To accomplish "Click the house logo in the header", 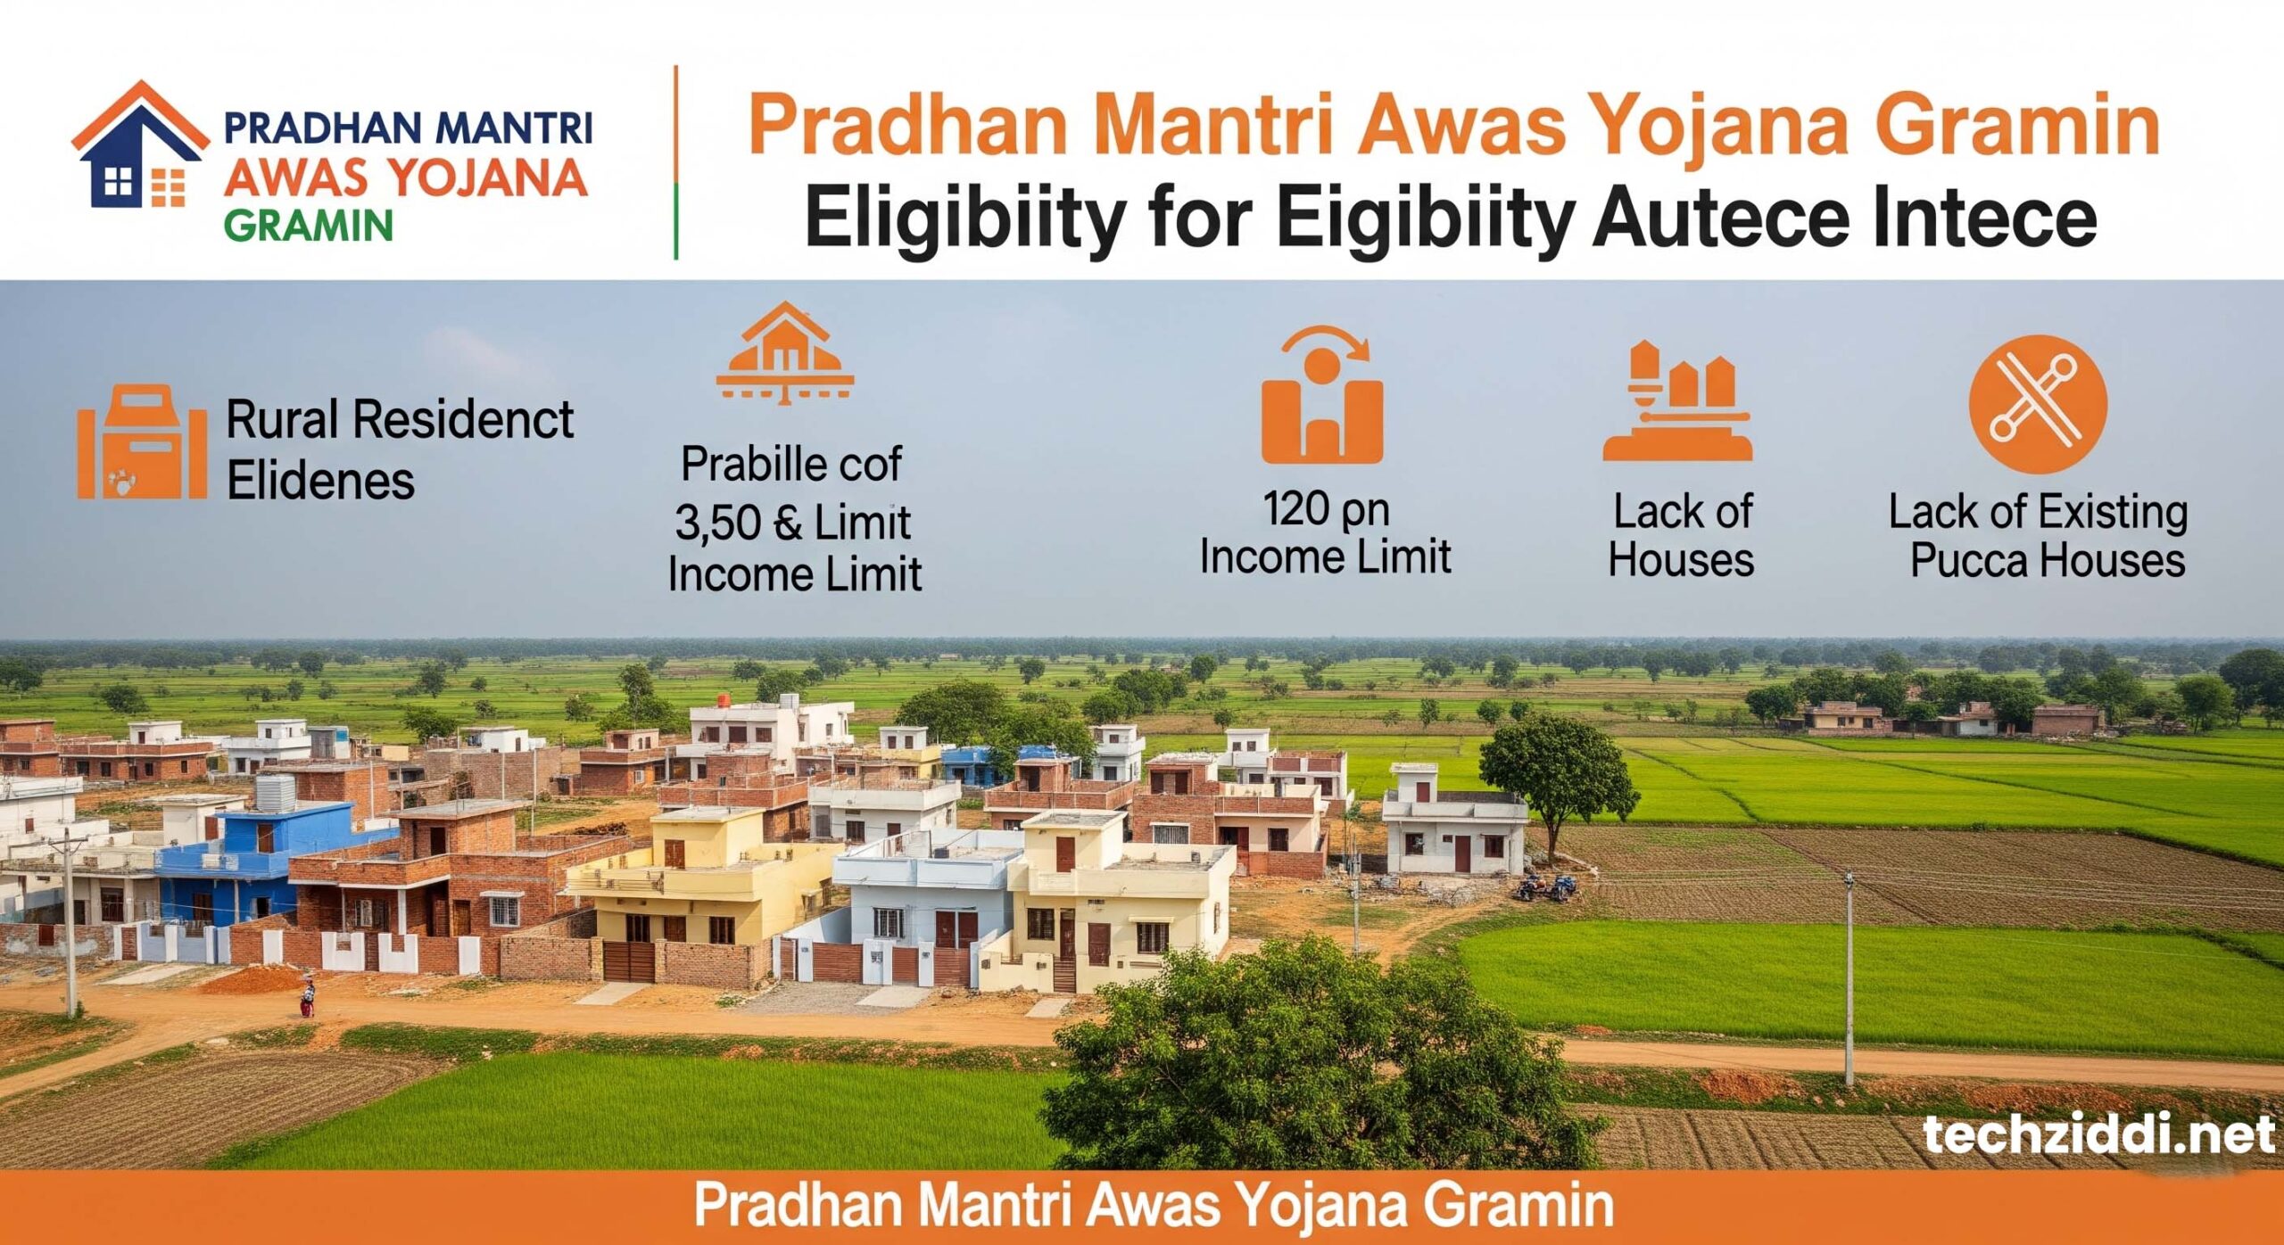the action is (x=140, y=144).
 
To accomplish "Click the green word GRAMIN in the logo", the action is (x=308, y=227).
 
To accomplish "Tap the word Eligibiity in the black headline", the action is (x=965, y=220).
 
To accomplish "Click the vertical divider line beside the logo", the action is (x=676, y=162).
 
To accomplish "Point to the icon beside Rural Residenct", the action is (x=142, y=442).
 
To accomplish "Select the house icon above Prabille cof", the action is (x=785, y=353).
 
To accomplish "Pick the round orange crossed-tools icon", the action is (x=2038, y=404).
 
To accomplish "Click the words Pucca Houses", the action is (x=2048, y=561).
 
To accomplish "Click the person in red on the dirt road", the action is (x=307, y=998).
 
